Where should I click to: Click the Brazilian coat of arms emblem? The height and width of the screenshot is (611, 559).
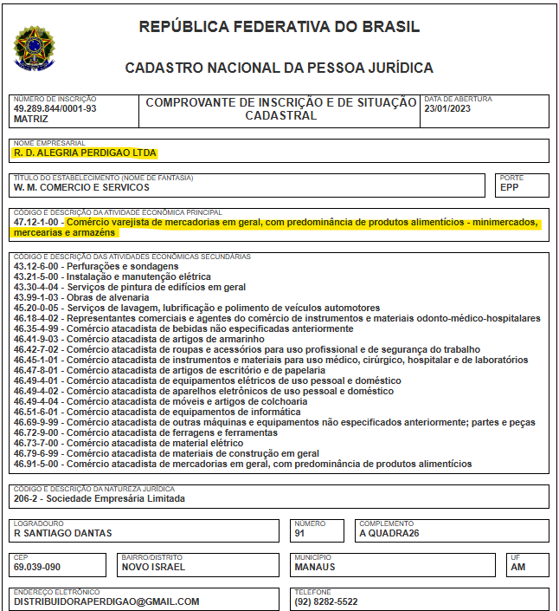coord(33,47)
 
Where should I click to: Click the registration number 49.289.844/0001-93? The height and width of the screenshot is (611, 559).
coord(55,109)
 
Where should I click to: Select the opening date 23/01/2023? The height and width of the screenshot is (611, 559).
coord(448,109)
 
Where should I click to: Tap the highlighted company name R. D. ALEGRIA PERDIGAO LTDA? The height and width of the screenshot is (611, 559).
coord(85,153)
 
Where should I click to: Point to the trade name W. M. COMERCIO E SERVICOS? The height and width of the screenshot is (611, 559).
coord(81,187)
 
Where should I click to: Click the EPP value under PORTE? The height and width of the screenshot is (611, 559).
coord(511,187)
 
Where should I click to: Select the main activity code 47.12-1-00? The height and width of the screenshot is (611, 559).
coord(37,222)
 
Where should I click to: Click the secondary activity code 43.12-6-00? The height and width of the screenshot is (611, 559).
coord(37,266)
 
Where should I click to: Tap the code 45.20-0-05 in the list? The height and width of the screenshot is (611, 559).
coord(37,308)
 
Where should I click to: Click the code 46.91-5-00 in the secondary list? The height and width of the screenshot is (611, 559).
coord(37,464)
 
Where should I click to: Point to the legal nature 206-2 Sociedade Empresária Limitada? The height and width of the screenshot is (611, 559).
coord(99,498)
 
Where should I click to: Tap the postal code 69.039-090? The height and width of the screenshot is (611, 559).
coord(37,567)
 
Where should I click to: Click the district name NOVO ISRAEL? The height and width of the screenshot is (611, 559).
coord(153,567)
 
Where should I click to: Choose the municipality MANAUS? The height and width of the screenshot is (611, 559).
coord(315,567)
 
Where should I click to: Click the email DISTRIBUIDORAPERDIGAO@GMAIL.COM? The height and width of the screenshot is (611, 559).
coord(106,601)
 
